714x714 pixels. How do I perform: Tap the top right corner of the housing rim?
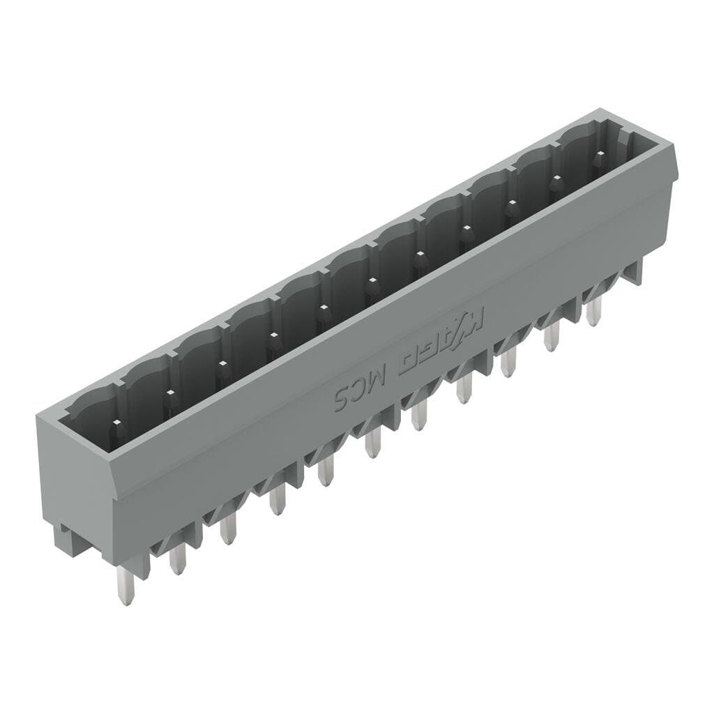tap(674, 146)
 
